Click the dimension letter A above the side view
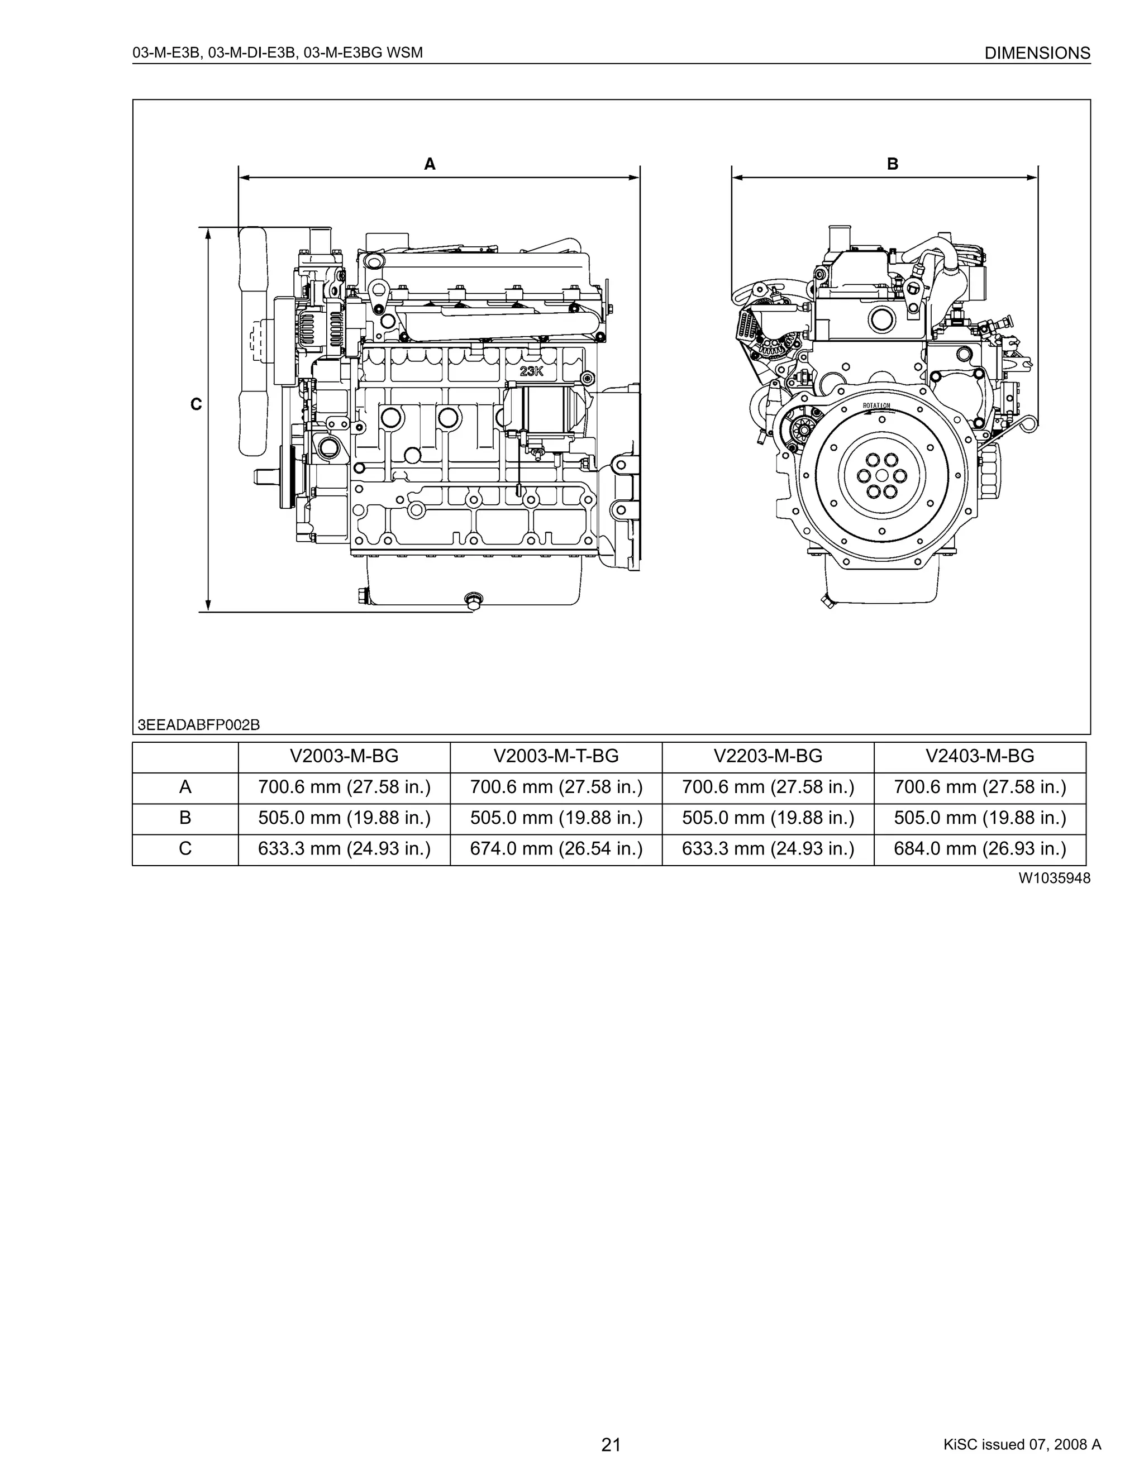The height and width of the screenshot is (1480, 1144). [x=430, y=164]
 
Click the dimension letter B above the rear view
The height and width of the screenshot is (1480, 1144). [x=893, y=164]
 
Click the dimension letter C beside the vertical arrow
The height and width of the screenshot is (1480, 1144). [x=196, y=404]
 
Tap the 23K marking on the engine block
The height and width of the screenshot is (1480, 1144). [x=531, y=371]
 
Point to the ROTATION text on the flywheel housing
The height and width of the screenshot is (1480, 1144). [x=876, y=405]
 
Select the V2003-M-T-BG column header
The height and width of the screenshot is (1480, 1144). [x=556, y=756]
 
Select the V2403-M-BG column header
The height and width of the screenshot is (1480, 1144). [x=979, y=756]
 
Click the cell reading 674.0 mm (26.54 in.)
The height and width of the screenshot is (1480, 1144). [x=556, y=849]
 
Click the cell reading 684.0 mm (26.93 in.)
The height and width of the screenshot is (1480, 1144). [x=979, y=849]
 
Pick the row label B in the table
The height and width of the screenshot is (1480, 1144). [x=185, y=818]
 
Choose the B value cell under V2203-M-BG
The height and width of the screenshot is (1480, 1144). [x=768, y=818]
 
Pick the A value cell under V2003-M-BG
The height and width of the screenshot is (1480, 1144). [x=344, y=787]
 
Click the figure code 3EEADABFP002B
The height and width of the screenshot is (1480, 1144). [x=198, y=725]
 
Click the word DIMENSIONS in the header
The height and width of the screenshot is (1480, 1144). [x=1037, y=53]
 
